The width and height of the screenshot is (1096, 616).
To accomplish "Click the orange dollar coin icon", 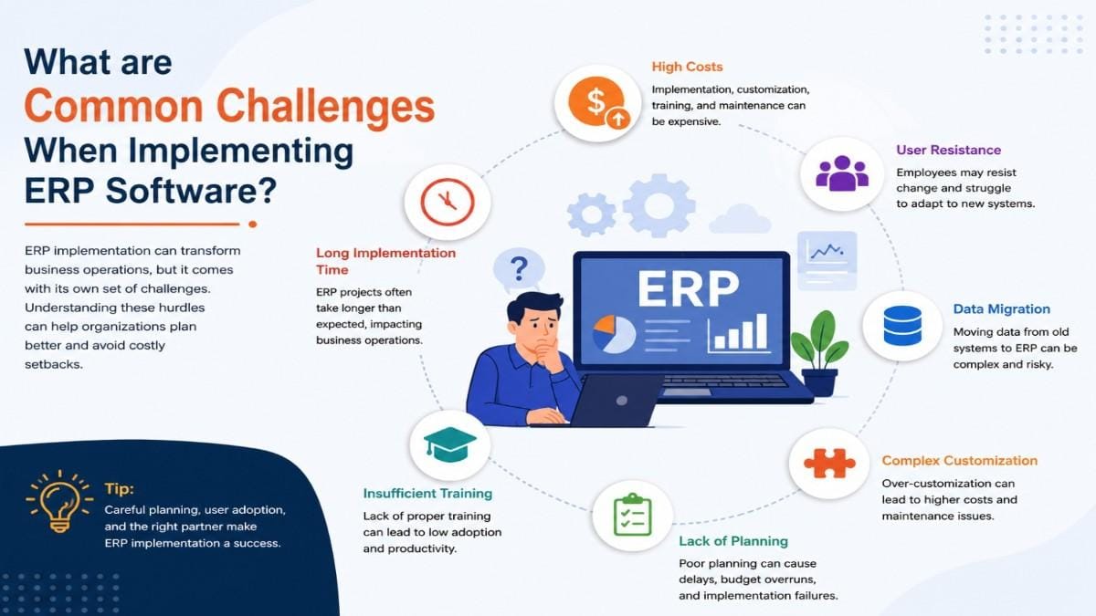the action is [598, 102].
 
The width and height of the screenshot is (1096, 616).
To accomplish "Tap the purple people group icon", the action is [842, 173].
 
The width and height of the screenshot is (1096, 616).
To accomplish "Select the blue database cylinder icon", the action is [902, 326].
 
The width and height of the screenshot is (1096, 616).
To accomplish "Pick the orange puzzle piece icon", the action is [829, 463].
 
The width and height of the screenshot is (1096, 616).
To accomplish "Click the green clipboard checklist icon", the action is [632, 515].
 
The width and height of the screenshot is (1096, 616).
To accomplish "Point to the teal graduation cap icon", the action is [449, 444].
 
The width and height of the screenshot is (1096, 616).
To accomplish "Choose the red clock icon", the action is [448, 202].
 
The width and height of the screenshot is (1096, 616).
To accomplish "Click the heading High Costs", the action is [687, 67].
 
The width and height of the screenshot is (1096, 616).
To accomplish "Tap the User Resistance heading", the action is [948, 150].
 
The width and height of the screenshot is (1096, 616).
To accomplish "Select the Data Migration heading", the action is [1002, 309].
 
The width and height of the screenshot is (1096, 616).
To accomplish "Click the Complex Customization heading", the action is [960, 461].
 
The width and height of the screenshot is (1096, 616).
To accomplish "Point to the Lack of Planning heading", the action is [733, 541].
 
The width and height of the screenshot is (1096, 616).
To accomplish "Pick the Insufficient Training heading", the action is [427, 494].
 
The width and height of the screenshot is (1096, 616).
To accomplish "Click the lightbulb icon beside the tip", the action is [59, 500].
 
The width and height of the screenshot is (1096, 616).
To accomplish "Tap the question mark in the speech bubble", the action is [519, 268].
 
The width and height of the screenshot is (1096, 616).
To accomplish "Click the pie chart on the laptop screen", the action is [614, 334].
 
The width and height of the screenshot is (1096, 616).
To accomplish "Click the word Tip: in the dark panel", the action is [119, 489].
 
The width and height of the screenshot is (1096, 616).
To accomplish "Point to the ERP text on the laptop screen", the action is [688, 288].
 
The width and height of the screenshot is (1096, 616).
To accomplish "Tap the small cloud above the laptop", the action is [740, 219].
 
